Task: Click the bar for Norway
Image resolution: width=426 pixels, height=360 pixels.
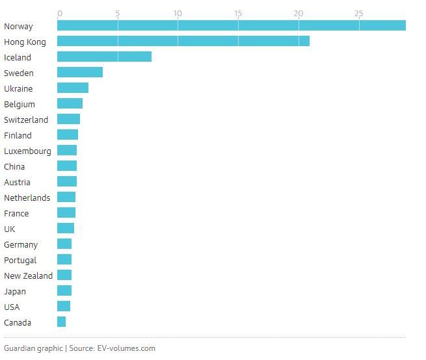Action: click(x=232, y=25)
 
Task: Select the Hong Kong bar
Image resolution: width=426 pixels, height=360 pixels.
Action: click(x=183, y=41)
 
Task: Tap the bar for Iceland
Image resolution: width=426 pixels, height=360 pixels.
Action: click(x=104, y=57)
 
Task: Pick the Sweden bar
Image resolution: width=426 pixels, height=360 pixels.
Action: click(x=80, y=72)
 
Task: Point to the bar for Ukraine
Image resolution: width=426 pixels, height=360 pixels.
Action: click(x=73, y=88)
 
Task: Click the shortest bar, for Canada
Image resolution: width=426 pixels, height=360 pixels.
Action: click(x=61, y=322)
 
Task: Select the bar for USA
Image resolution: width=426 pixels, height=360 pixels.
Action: click(x=64, y=306)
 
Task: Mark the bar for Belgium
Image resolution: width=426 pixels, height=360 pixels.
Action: click(x=70, y=103)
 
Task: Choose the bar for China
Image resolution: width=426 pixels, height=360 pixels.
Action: click(x=67, y=166)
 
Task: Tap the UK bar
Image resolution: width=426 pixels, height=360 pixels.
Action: click(x=66, y=228)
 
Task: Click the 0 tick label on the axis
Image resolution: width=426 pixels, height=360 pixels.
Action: click(x=60, y=13)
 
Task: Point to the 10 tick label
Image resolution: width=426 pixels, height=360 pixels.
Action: click(x=178, y=13)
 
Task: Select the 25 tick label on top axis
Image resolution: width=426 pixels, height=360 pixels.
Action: click(x=358, y=13)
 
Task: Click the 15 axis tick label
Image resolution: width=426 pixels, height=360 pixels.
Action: click(x=238, y=13)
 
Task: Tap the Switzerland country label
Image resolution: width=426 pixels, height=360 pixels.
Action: click(x=26, y=120)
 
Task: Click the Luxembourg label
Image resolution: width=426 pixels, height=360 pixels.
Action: click(x=27, y=151)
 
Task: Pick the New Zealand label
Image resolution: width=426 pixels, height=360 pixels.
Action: click(x=28, y=276)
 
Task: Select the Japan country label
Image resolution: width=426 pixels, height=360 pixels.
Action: click(x=15, y=292)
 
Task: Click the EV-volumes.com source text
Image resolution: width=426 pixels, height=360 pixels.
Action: click(x=126, y=348)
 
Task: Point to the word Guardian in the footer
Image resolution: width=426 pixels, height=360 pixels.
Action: click(x=19, y=348)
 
